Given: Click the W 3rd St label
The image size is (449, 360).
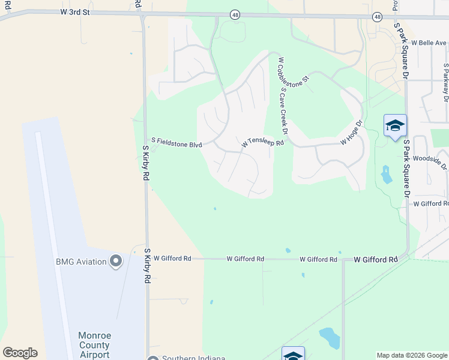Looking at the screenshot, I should (76, 11).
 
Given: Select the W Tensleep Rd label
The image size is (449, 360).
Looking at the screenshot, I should (262, 143).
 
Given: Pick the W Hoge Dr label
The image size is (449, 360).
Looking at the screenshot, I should (352, 133).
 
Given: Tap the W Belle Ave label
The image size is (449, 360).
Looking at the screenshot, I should (429, 43).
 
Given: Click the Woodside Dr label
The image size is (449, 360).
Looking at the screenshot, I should (430, 160).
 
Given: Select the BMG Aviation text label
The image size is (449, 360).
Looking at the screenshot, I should (81, 261).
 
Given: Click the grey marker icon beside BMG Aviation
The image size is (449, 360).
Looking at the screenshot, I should (116, 261).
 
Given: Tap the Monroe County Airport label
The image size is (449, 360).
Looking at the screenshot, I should (94, 345).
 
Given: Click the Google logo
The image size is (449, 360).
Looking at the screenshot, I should (20, 353).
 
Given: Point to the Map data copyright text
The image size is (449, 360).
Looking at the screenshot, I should (411, 355).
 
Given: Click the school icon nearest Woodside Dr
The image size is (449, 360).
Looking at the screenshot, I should (395, 126).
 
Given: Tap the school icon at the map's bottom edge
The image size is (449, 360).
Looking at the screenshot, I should (293, 355).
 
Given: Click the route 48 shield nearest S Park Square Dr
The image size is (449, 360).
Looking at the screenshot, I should (377, 17).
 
